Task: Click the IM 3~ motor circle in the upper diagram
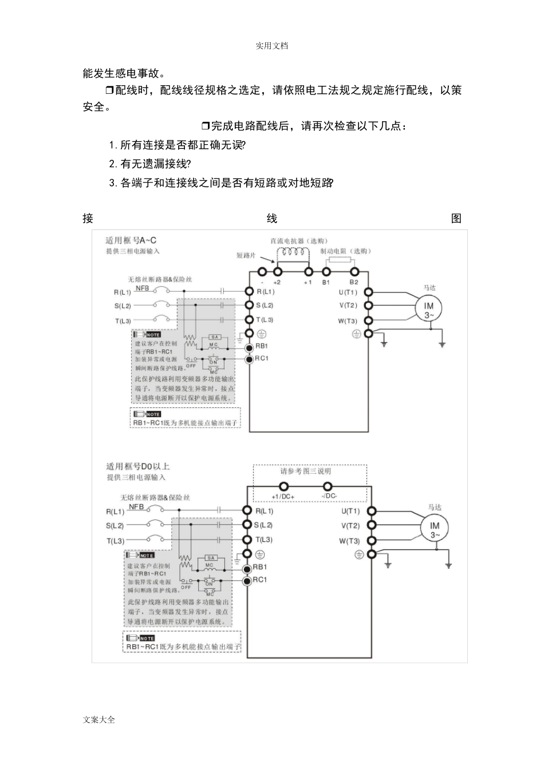[x=429, y=310]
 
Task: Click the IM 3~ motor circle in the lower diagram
[x=435, y=529]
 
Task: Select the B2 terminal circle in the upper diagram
[x=354, y=272]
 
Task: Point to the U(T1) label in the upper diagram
[x=348, y=292]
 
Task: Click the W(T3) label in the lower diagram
[x=349, y=541]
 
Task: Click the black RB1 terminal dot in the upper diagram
[x=249, y=347]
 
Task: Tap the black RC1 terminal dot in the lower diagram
[x=247, y=581]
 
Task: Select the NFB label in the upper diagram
[x=142, y=288]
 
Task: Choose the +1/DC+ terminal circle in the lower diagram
[x=282, y=487]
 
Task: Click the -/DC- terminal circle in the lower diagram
[x=328, y=487]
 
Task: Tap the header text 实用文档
[x=271, y=46]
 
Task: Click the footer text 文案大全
[x=99, y=720]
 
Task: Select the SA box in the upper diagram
[x=214, y=337]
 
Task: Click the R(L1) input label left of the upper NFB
[x=123, y=292]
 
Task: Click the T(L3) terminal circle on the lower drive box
[x=247, y=540]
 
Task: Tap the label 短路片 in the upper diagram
[x=246, y=255]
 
